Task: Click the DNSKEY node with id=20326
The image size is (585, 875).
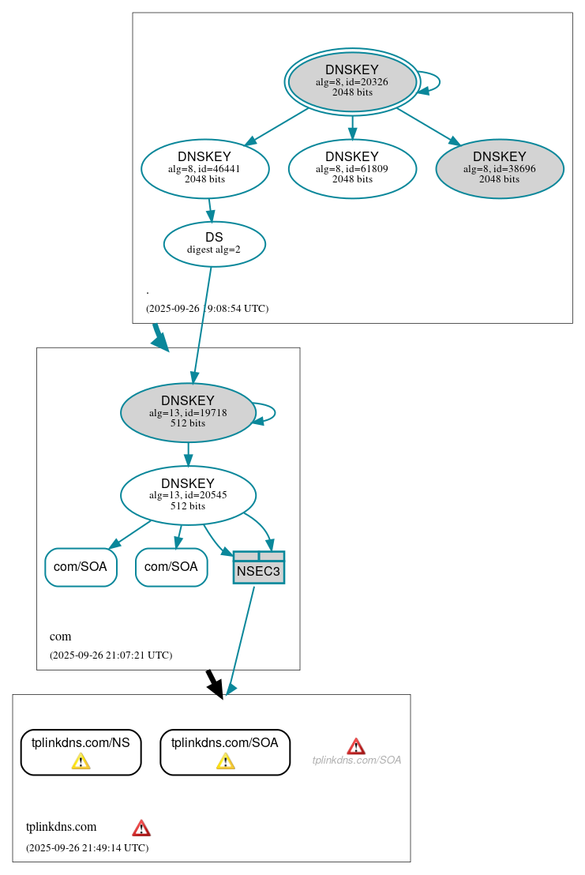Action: click(352, 81)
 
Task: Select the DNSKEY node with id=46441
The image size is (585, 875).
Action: click(205, 168)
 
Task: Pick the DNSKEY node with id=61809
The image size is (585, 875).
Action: click(352, 168)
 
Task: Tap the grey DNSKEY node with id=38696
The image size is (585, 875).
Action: click(499, 168)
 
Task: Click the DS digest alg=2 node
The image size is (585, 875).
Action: click(214, 244)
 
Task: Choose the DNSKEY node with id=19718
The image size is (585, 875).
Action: click(188, 412)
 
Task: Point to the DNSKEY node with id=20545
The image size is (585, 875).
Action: click(188, 495)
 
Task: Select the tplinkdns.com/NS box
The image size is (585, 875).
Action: click(81, 752)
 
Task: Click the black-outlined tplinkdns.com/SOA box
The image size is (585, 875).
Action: click(225, 752)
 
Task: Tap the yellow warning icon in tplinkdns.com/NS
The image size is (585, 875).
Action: click(81, 761)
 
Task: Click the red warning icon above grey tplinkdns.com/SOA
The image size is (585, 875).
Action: click(356, 746)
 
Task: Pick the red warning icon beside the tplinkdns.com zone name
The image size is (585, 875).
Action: click(141, 828)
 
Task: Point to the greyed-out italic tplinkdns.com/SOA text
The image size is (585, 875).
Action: click(357, 760)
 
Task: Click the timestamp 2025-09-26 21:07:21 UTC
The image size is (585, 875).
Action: click(111, 655)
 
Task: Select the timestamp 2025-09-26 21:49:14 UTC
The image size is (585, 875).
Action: click(87, 848)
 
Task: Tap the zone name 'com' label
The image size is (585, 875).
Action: click(60, 637)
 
